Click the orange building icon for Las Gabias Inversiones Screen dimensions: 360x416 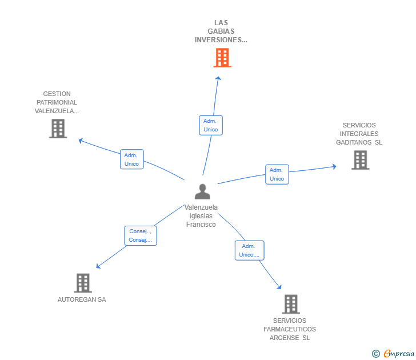click(x=222, y=58)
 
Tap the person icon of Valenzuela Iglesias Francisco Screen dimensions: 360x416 click(x=202, y=191)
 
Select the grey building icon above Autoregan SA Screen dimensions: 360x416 click(x=83, y=283)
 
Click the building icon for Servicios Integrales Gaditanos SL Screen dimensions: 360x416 click(x=360, y=160)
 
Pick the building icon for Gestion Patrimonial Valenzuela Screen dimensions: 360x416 click(x=58, y=129)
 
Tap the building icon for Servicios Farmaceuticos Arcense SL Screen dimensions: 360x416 click(x=290, y=304)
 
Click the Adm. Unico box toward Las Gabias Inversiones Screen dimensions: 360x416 click(x=211, y=125)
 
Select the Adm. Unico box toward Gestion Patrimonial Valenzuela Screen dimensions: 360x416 click(x=131, y=159)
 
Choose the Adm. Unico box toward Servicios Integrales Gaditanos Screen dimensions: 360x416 click(x=277, y=174)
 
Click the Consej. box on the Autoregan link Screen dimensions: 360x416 click(x=141, y=235)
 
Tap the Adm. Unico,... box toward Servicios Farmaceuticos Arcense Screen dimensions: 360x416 click(x=249, y=250)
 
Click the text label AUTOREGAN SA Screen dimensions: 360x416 click(x=82, y=299)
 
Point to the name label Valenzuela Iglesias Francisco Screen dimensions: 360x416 click(x=201, y=216)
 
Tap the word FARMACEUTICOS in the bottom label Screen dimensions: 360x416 click(x=290, y=329)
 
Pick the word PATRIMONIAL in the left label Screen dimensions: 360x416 click(x=57, y=102)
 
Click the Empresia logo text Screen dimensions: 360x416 click(x=399, y=353)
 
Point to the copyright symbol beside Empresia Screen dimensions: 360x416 click(x=375, y=354)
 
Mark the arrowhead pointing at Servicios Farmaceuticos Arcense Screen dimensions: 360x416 click(x=279, y=287)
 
